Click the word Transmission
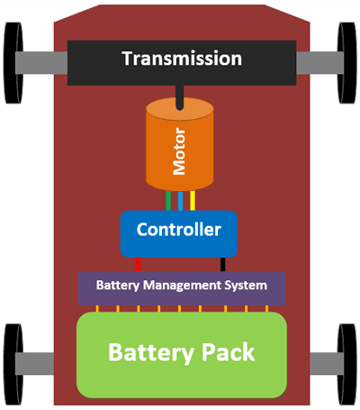pyautogui.click(x=182, y=59)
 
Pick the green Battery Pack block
pyautogui.click(x=181, y=353)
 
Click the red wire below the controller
pyautogui.click(x=138, y=264)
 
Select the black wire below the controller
pyautogui.click(x=222, y=264)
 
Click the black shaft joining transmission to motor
pyautogui.click(x=180, y=94)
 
